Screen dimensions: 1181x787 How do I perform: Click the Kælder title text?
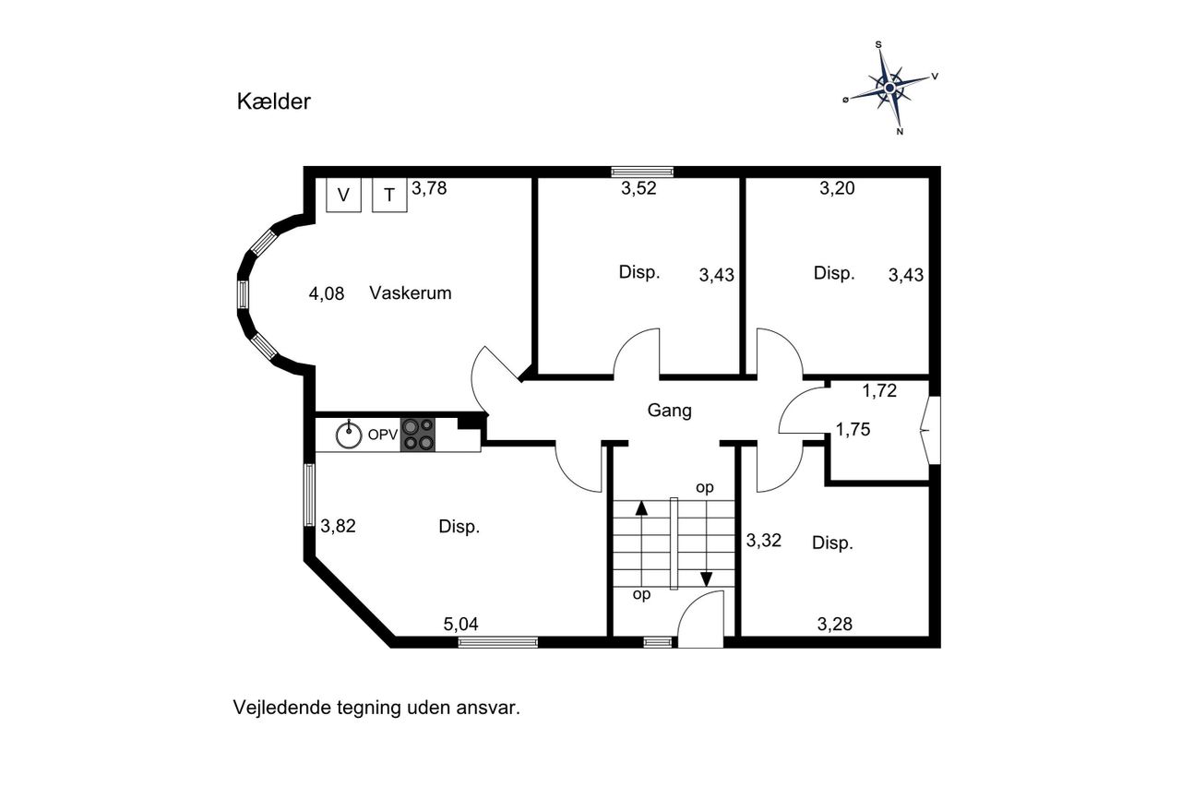pos(274,101)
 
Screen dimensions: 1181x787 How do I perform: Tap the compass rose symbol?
pos(890,88)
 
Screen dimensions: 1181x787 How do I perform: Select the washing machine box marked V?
pos(343,195)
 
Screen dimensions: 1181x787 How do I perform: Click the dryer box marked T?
pos(389,195)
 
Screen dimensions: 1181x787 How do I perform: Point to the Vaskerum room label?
pos(411,292)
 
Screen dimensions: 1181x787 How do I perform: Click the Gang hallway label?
pos(670,411)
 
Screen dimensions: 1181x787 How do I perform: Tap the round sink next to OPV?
pos(349,435)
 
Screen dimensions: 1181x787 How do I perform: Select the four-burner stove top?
pos(418,435)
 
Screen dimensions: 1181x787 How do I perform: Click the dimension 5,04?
pos(460,624)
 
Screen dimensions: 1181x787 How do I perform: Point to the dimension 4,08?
pos(327,293)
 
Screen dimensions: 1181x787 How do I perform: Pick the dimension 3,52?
pos(638,188)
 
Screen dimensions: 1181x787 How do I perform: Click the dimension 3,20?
pos(837,188)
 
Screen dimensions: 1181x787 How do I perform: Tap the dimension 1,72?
pos(879,390)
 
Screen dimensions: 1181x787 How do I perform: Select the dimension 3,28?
pos(835,624)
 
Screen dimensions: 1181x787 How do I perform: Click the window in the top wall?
pos(642,172)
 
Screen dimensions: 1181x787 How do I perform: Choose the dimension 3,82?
pos(338,526)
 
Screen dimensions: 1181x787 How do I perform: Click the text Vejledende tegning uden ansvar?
pos(376,708)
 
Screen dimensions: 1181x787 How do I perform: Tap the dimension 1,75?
pos(853,430)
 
